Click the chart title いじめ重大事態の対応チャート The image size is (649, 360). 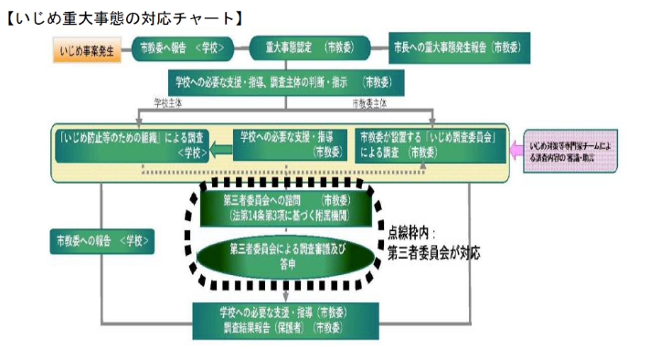click(122, 16)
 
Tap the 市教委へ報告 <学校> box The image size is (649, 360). click(179, 48)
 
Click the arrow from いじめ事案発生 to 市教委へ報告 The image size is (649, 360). click(126, 48)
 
